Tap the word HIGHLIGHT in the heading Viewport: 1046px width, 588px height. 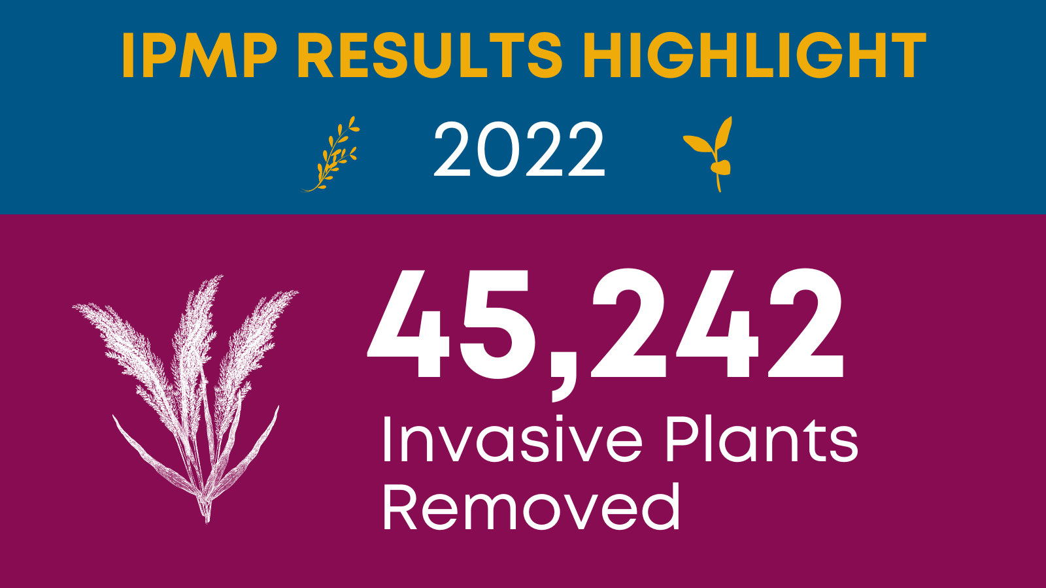click(x=754, y=56)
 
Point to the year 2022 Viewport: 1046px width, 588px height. click(x=519, y=150)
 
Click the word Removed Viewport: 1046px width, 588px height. click(x=531, y=507)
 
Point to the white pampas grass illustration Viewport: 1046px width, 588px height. click(x=186, y=399)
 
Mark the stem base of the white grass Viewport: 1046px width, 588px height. click(x=207, y=515)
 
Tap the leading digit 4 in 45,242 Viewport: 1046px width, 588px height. click(x=411, y=327)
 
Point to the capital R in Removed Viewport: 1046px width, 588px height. click(x=400, y=507)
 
